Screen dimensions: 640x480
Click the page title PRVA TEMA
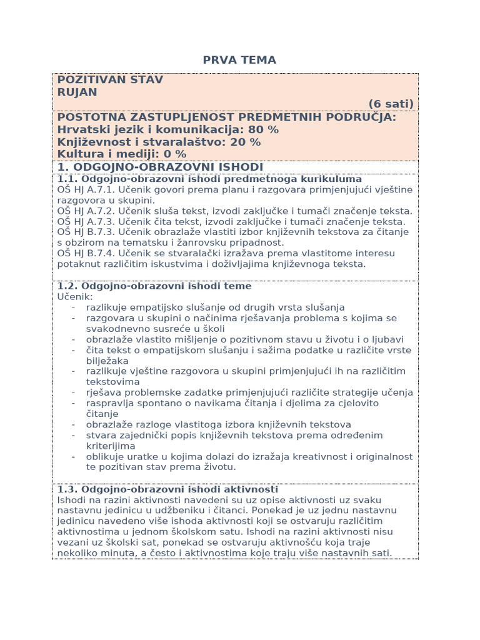[239, 60]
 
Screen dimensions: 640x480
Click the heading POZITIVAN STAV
[110, 79]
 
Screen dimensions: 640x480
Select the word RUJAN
[77, 92]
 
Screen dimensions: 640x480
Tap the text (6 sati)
[391, 104]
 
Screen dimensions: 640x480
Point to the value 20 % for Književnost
[246, 142]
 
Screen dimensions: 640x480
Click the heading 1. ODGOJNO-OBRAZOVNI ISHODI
[160, 167]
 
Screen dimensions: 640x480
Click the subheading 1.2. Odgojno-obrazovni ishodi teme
[154, 286]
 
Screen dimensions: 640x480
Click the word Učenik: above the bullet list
[74, 296]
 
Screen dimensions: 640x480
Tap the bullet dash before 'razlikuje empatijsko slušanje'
[73, 307]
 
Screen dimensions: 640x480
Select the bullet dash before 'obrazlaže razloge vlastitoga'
[73, 424]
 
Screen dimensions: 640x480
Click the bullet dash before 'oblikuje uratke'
[73, 456]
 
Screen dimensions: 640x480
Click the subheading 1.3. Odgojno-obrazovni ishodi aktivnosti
[167, 489]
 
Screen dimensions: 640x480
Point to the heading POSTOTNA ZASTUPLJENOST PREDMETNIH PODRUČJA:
[226, 117]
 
